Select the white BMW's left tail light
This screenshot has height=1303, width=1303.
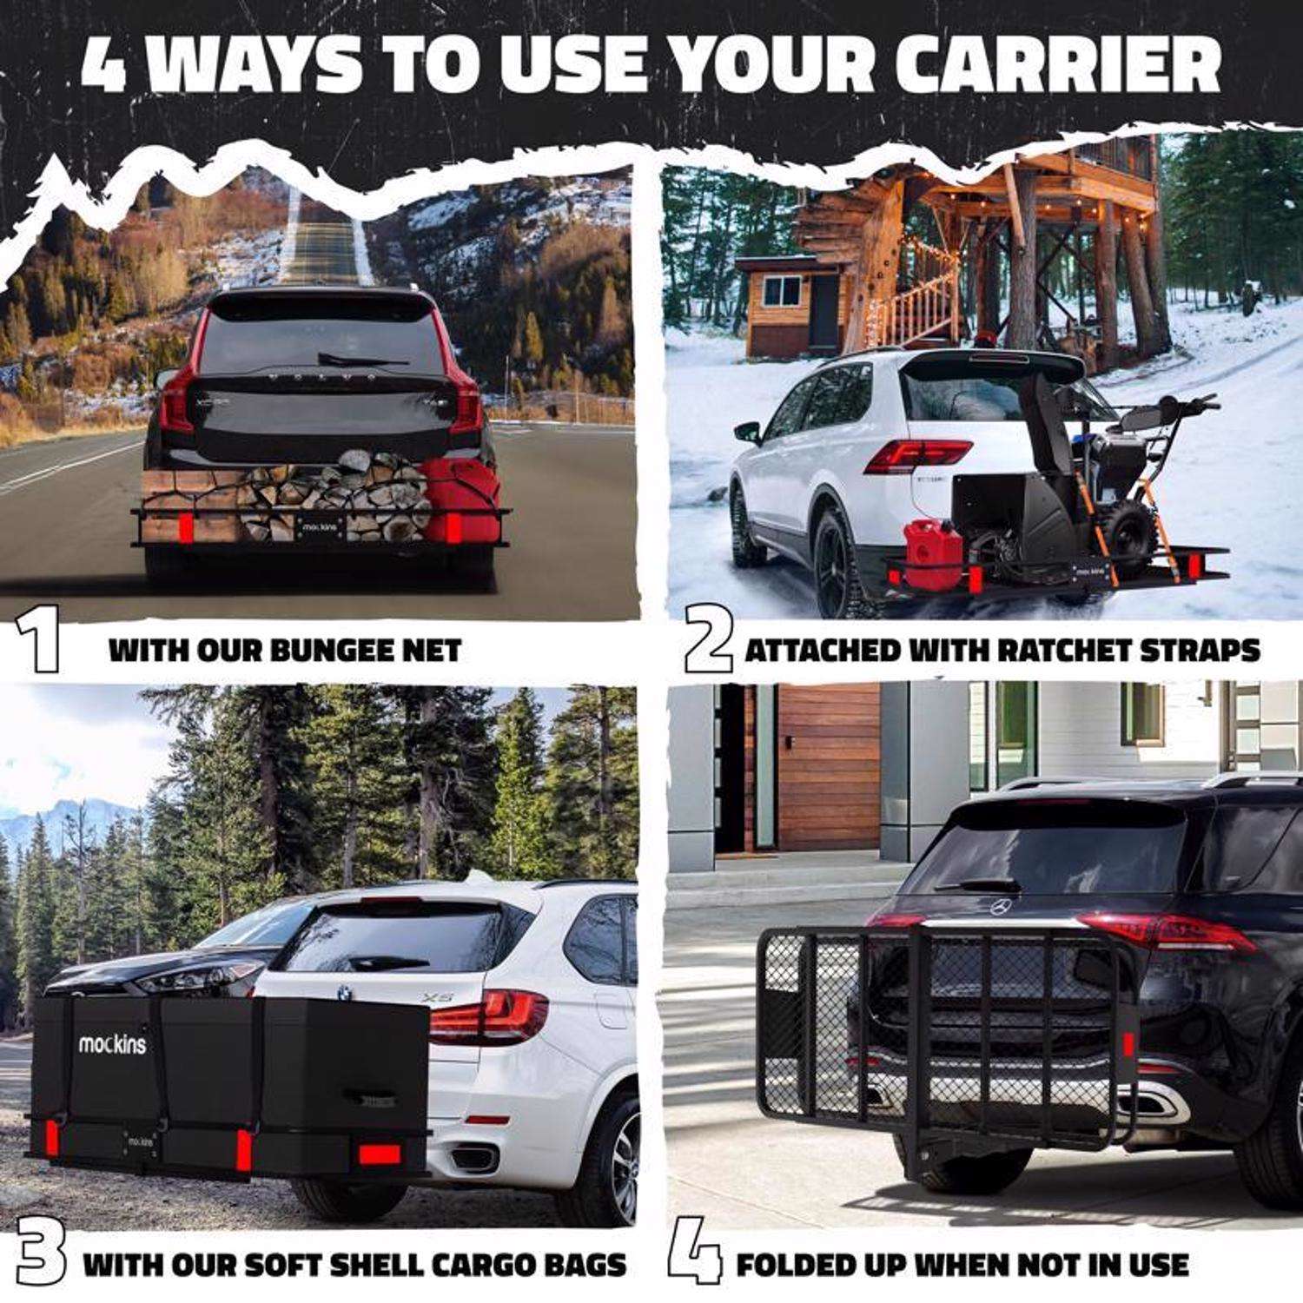coord(486,1016)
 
